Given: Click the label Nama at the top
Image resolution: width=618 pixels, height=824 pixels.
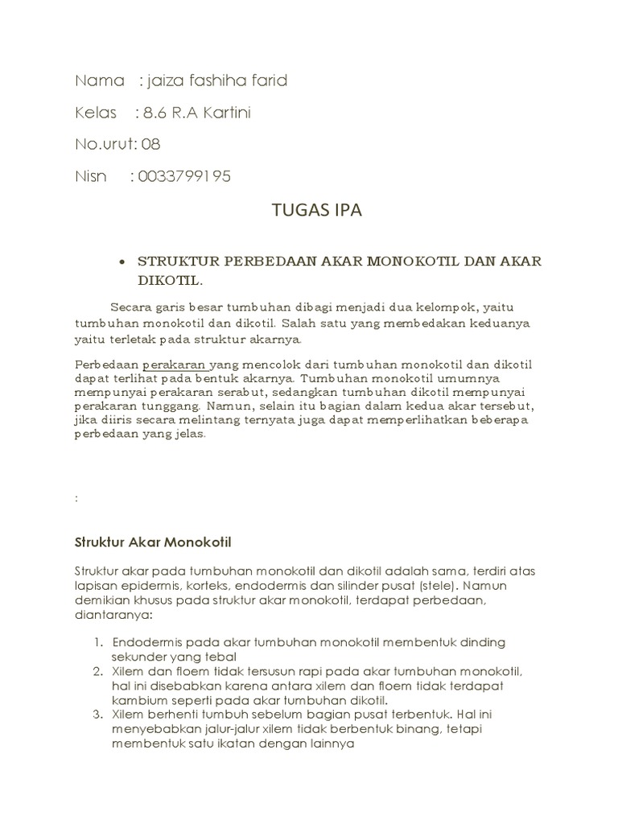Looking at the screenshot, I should (x=100, y=81).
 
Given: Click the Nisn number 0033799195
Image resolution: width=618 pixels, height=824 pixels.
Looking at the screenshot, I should (x=184, y=176).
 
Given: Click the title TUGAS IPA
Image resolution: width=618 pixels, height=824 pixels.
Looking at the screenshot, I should (x=317, y=212).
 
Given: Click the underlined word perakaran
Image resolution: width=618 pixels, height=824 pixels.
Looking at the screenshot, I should (x=175, y=365).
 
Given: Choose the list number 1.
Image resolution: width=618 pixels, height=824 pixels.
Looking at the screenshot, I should (x=97, y=641).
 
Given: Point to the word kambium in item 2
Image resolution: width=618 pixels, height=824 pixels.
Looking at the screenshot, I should (x=138, y=700).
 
